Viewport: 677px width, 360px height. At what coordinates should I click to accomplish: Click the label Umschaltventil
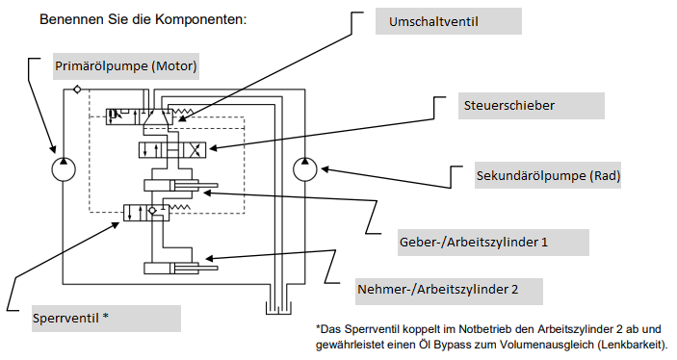tap(433, 21)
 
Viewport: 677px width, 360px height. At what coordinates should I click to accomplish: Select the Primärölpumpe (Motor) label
tap(125, 66)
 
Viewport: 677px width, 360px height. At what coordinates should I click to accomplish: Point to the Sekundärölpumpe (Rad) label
tap(548, 176)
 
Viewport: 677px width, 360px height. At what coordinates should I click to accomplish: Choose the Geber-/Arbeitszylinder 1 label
tap(473, 242)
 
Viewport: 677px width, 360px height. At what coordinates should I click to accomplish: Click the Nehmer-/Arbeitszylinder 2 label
tap(437, 289)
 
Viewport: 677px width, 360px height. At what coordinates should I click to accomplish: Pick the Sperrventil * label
tap(70, 319)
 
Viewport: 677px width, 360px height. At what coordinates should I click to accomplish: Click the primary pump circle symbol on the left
tap(64, 169)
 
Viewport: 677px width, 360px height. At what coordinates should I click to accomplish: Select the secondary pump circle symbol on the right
tap(305, 169)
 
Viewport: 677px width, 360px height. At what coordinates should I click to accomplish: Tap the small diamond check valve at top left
tap(77, 90)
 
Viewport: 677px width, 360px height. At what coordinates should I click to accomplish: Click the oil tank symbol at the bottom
tap(278, 307)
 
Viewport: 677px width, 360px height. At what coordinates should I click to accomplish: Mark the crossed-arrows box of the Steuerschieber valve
tap(195, 150)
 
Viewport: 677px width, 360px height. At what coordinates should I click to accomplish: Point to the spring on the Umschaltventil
tap(180, 112)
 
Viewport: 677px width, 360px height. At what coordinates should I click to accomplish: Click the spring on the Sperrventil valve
tap(179, 208)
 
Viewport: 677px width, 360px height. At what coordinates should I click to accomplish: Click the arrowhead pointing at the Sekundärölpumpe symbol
tap(325, 169)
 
